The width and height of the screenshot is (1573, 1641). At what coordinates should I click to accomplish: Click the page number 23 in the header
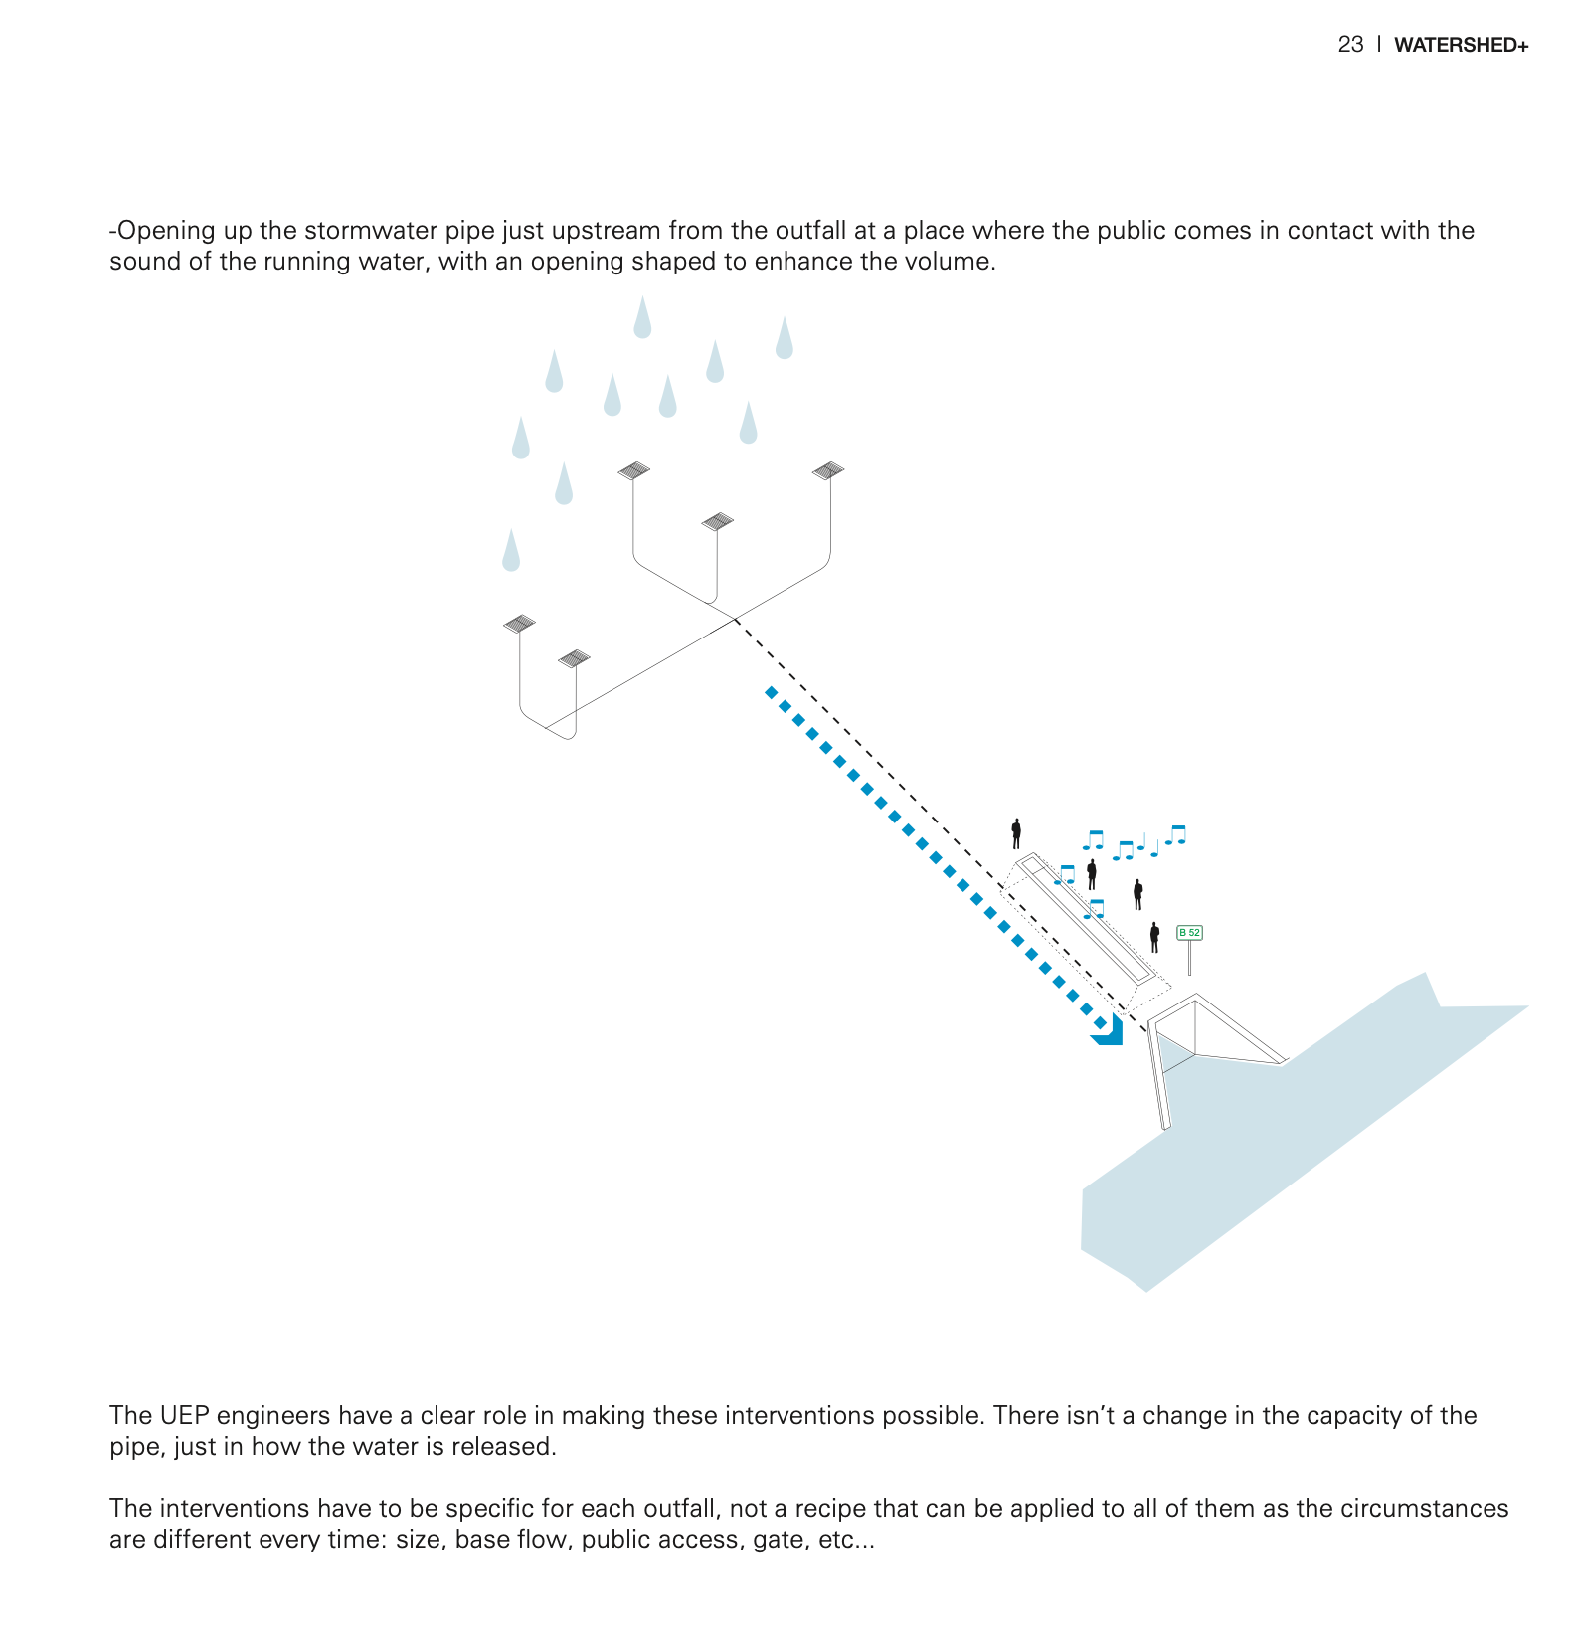(1350, 45)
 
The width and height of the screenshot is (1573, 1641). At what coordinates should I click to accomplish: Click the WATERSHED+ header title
(1461, 45)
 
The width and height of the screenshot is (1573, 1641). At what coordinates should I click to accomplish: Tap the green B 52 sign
(1189, 933)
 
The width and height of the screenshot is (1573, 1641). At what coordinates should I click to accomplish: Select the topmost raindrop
(642, 318)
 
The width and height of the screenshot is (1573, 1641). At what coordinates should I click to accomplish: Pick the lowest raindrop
(511, 552)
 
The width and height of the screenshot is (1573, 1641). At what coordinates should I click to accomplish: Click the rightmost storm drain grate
(828, 470)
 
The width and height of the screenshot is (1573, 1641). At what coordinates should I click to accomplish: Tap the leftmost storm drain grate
(519, 624)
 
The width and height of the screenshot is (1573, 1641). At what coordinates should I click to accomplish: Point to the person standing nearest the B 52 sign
(1154, 937)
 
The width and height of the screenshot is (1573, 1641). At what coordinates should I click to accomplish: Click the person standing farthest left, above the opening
(1016, 833)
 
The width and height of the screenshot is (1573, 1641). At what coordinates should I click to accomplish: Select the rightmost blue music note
(1176, 834)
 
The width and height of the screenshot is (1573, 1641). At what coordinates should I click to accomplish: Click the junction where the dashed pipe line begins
(736, 620)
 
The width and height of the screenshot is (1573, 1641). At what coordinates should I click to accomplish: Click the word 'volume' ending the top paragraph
(952, 262)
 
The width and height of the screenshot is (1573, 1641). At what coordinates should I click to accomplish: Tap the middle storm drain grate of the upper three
(717, 521)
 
